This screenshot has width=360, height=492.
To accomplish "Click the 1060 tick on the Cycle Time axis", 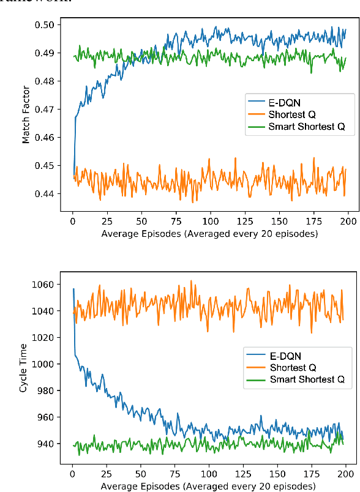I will click(47, 285).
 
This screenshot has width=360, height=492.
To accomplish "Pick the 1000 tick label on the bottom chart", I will click(47, 364).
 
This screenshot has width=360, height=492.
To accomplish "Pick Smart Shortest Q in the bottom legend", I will click(305, 379).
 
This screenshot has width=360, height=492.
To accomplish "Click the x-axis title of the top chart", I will click(210, 234).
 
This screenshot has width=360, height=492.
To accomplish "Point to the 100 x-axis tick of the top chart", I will click(210, 220).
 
